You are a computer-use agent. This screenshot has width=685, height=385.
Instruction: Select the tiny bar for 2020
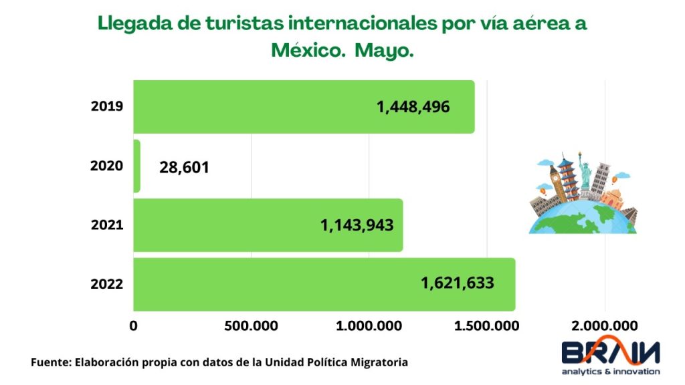[136, 166]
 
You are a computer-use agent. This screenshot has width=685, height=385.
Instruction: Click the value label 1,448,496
[413, 107]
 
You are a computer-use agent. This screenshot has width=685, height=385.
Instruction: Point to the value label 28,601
[184, 167]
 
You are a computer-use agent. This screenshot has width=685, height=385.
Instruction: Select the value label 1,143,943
[357, 225]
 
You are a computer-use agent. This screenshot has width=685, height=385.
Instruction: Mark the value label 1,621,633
[458, 283]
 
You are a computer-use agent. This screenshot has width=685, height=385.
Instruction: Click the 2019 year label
[107, 107]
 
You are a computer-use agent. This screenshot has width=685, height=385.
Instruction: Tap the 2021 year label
[107, 225]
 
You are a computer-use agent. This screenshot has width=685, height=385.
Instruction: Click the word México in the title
[308, 50]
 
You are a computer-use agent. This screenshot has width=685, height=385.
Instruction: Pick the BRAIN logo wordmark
[610, 352]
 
